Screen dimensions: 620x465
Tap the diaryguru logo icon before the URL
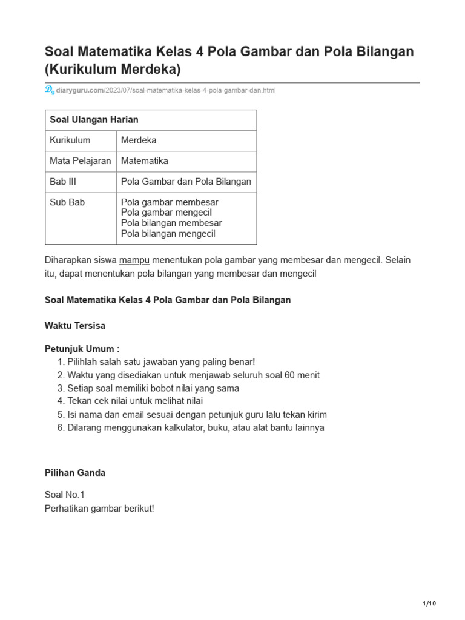(50, 90)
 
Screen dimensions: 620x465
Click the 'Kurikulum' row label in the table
(70, 140)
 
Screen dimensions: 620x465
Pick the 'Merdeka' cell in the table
(139, 140)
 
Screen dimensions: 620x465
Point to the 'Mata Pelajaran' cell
(81, 161)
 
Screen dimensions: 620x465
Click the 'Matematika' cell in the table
(145, 161)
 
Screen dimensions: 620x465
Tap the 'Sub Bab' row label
(67, 202)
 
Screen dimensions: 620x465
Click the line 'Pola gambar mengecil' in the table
(167, 213)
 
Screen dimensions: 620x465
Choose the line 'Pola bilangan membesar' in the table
(171, 223)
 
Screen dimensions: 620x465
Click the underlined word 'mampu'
(134, 260)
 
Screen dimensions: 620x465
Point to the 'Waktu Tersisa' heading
(75, 326)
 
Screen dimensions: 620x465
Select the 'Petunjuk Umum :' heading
(82, 349)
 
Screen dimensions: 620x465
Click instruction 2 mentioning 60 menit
(193, 375)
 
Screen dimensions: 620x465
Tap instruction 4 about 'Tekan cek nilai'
(135, 401)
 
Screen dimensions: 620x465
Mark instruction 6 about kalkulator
(196, 427)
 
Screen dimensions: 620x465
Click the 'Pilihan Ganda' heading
(75, 473)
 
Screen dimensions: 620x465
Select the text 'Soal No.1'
(65, 495)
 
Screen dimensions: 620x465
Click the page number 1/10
(429, 604)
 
